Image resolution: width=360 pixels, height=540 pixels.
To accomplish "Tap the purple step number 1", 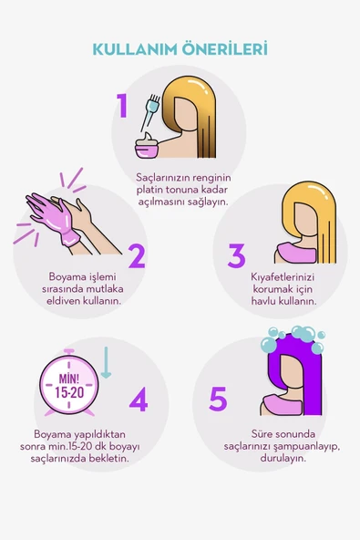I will tap(122, 107).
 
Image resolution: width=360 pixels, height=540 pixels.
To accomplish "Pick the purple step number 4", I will tap(139, 399).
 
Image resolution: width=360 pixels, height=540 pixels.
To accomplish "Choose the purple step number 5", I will tap(218, 399).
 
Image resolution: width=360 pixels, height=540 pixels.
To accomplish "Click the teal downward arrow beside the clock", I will tap(105, 363).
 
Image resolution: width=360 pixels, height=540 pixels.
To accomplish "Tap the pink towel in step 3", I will tap(295, 252).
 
